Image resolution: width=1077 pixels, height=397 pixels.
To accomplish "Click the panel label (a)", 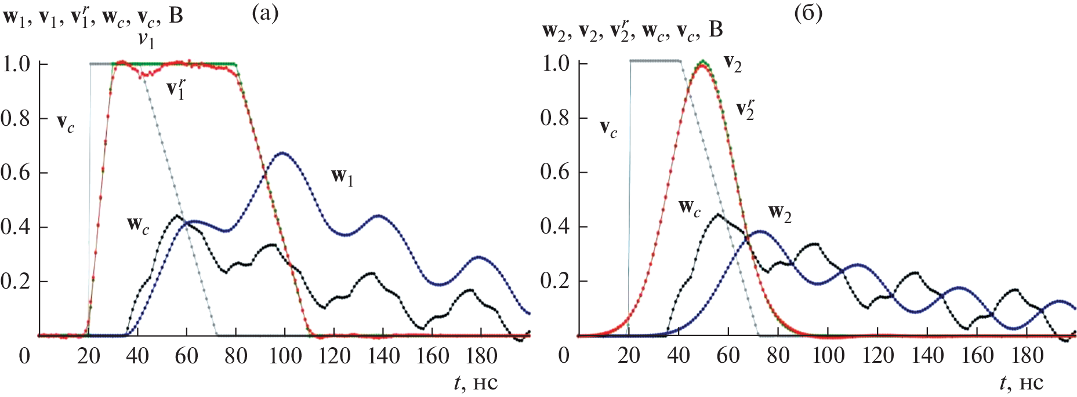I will click(265, 13).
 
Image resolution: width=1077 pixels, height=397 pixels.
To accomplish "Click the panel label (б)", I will click(808, 13).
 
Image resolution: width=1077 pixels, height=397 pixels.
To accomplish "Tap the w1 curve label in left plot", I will click(342, 176).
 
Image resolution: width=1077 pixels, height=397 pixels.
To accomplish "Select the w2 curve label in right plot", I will click(779, 213).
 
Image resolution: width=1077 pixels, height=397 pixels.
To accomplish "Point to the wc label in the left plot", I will click(138, 225).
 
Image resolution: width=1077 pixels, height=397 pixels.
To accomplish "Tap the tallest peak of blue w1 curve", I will click(282, 153).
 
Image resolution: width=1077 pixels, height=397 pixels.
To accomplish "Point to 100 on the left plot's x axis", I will click(285, 355).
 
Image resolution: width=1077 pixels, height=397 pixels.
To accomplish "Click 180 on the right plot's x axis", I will click(1027, 355).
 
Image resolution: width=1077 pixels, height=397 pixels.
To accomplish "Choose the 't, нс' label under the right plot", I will click(1021, 383).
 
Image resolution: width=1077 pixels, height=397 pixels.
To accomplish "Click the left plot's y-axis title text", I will click(93, 16).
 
